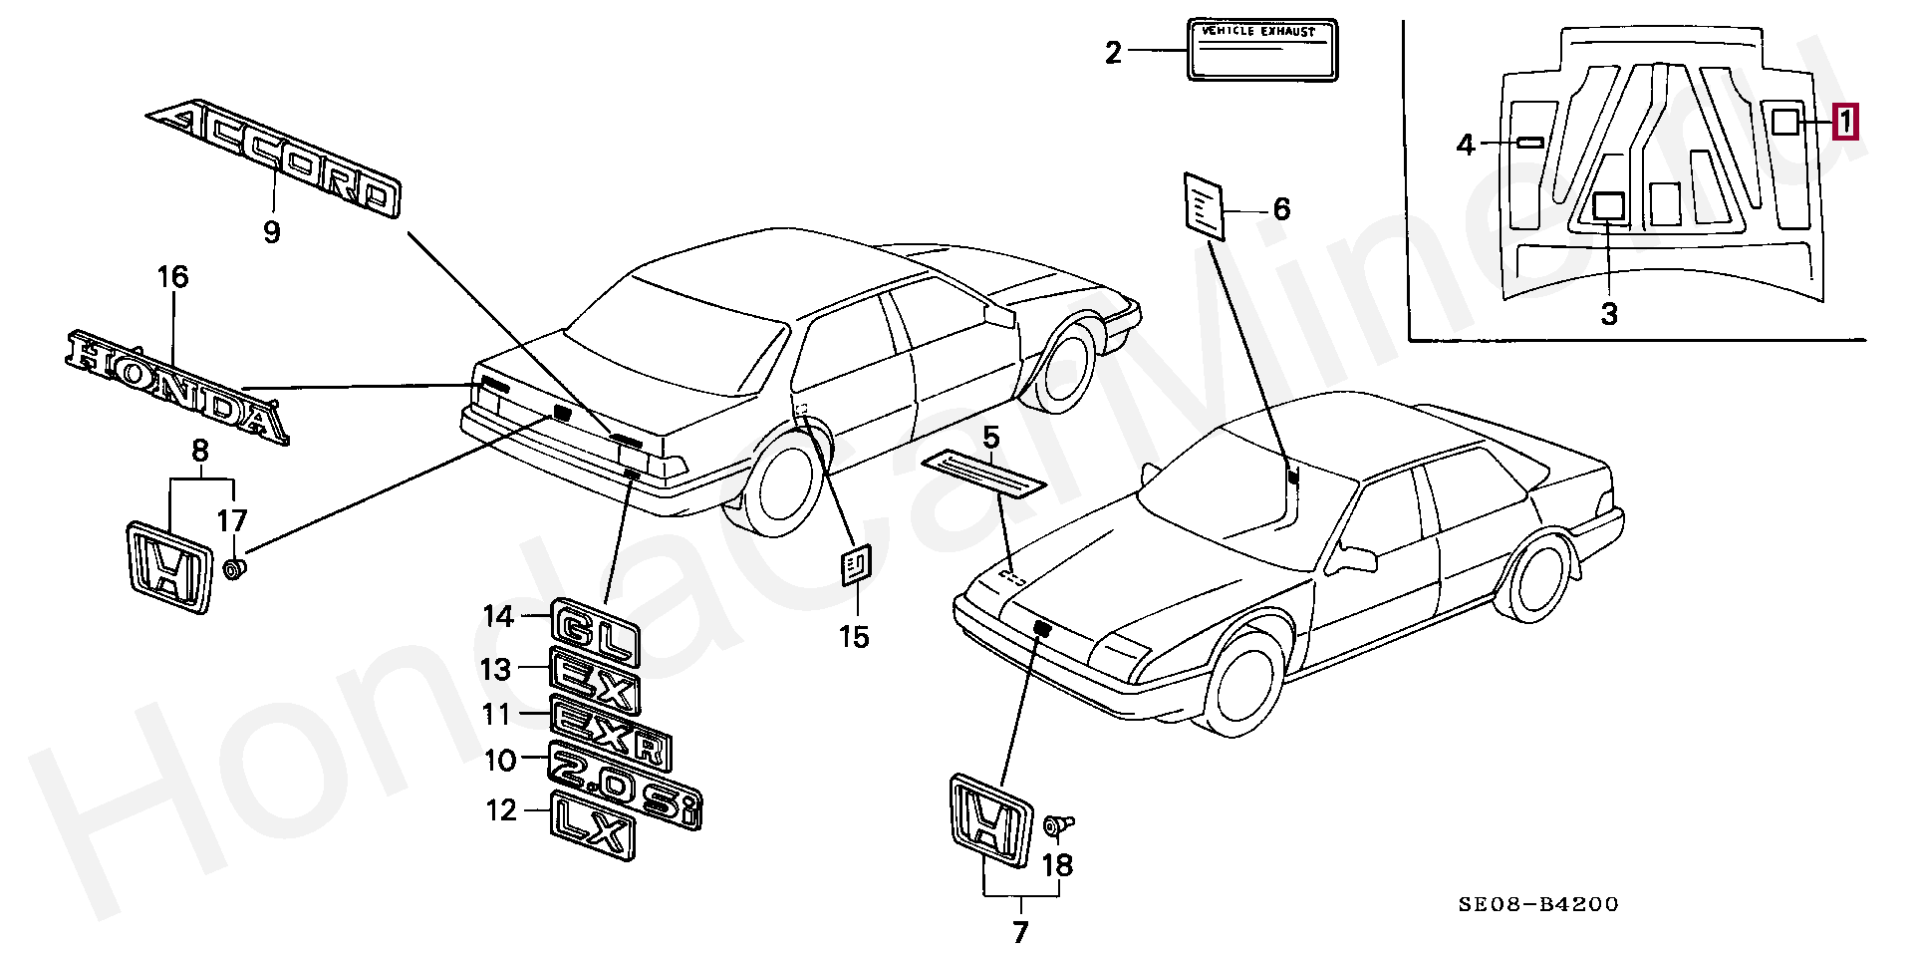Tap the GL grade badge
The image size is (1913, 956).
point(595,631)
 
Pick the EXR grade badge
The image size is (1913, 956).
point(611,734)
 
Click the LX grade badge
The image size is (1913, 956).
point(592,825)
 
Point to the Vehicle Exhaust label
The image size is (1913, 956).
point(1262,49)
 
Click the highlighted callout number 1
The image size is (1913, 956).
point(1845,122)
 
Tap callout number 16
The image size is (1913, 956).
point(172,276)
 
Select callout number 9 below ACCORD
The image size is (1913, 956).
point(272,232)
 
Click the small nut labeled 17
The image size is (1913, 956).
point(235,570)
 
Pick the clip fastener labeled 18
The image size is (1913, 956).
point(1057,825)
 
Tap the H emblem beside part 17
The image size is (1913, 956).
point(169,566)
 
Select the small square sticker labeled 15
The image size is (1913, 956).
point(855,566)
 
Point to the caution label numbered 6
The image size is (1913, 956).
point(1204,206)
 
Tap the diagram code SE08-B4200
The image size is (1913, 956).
point(1538,904)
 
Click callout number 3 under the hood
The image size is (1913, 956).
point(1609,314)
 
